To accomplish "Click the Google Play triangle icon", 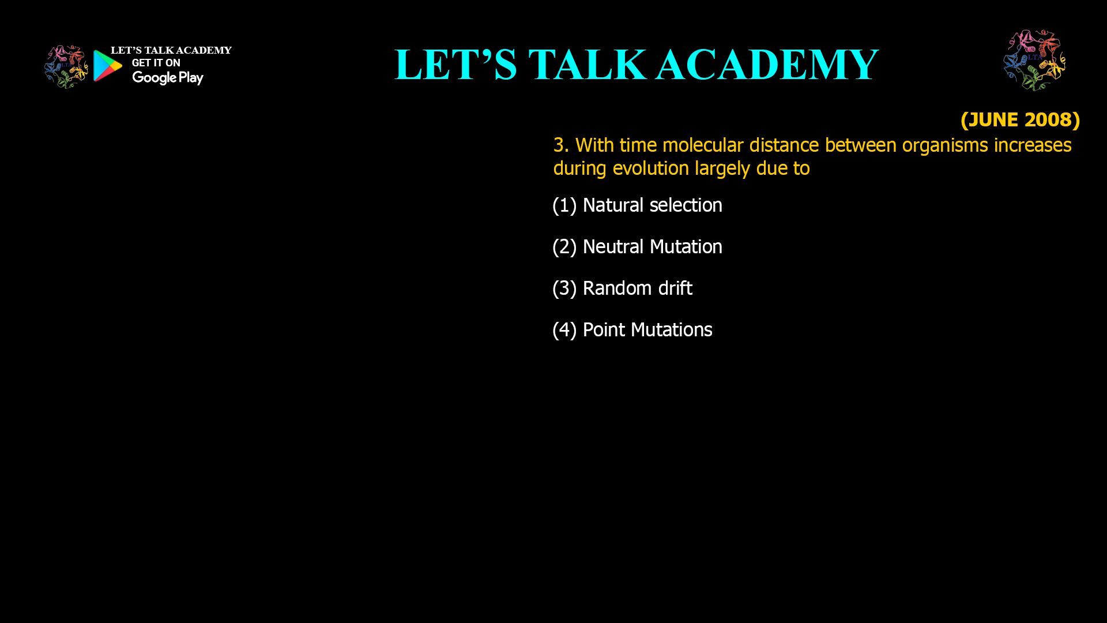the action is pos(108,66).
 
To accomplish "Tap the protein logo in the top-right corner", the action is pos(1034,60).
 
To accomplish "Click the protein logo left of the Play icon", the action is pos(66,67).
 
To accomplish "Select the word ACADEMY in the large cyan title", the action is pos(767,65).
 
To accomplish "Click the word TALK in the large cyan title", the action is pos(588,65).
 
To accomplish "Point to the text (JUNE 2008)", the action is pos(1020,120).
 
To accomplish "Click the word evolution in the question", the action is pos(650,168).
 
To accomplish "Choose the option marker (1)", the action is pos(564,205).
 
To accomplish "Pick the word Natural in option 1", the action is pos(613,205).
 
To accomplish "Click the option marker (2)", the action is pos(564,247).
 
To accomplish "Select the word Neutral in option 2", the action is pos(613,247).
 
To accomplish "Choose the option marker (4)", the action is pos(564,330).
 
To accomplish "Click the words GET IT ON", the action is pos(156,63).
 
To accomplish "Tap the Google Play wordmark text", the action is pos(168,78).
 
